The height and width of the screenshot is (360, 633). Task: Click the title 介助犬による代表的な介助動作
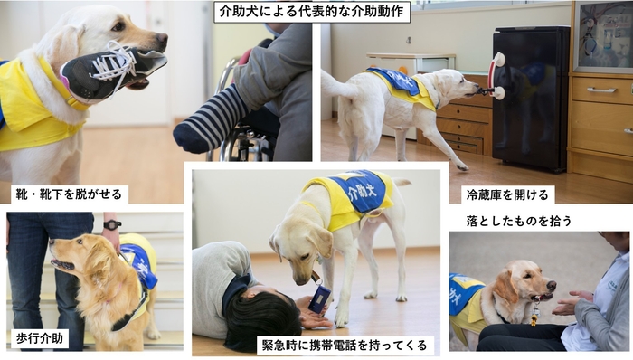pyautogui.click(x=312, y=12)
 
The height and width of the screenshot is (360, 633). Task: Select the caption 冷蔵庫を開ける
pyautogui.click(x=496, y=194)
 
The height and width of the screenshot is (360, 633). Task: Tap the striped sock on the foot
pyautogui.click(x=210, y=121)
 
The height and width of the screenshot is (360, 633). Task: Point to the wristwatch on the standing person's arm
pyautogui.click(x=112, y=224)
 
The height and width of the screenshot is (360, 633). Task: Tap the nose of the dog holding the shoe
pyautogui.click(x=160, y=41)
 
